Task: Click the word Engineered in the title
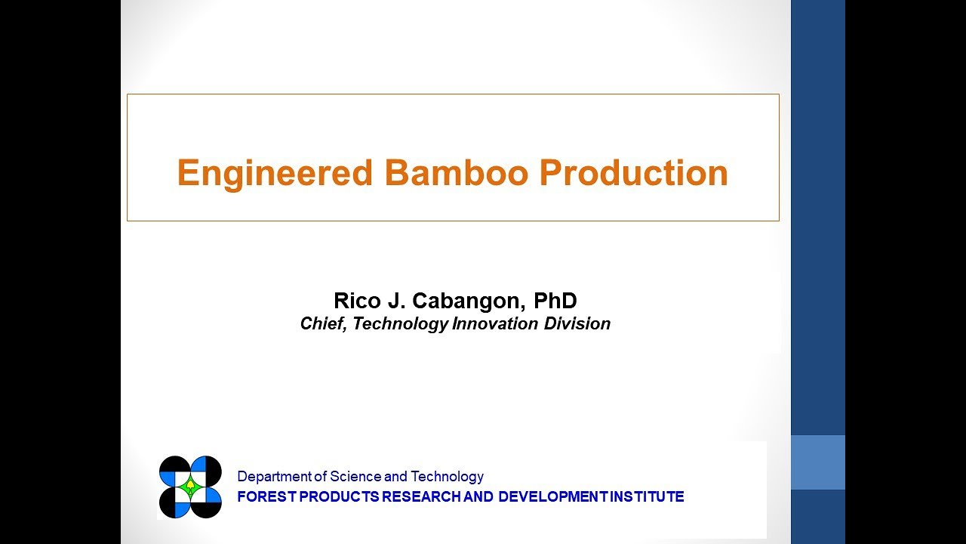click(275, 173)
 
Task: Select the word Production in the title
click(633, 173)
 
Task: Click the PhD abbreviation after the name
click(555, 301)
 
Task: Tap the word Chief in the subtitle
click(322, 324)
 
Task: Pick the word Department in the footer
click(274, 477)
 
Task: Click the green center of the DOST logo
click(190, 487)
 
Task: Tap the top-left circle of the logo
click(174, 471)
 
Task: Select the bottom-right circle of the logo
click(207, 503)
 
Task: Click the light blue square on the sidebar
click(817, 462)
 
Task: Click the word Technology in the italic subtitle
click(400, 324)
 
